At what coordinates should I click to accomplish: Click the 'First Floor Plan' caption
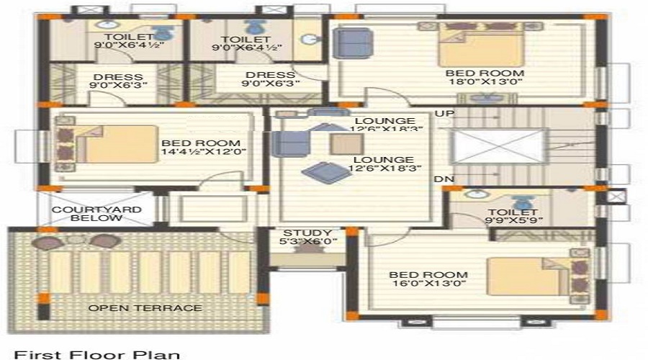[97, 354]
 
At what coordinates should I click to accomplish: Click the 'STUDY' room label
[307, 233]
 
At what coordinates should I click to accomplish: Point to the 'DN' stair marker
[444, 178]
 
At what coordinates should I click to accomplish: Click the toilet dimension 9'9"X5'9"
[515, 221]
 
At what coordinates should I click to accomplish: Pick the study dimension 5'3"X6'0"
[307, 243]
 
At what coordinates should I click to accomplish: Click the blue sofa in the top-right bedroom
[351, 43]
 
